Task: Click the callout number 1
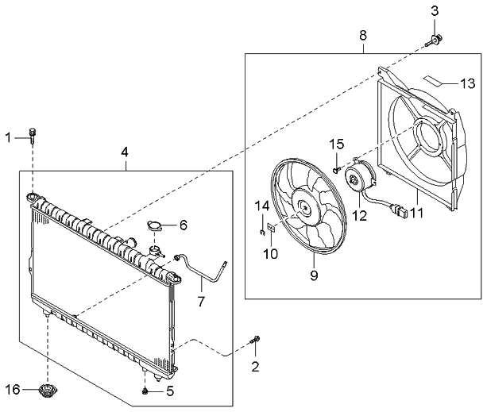click(x=9, y=137)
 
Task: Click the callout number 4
click(x=125, y=152)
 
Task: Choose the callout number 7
click(x=201, y=301)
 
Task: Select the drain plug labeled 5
click(x=145, y=391)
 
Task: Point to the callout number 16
click(x=13, y=390)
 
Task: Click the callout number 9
click(x=314, y=275)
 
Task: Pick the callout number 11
click(x=417, y=214)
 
